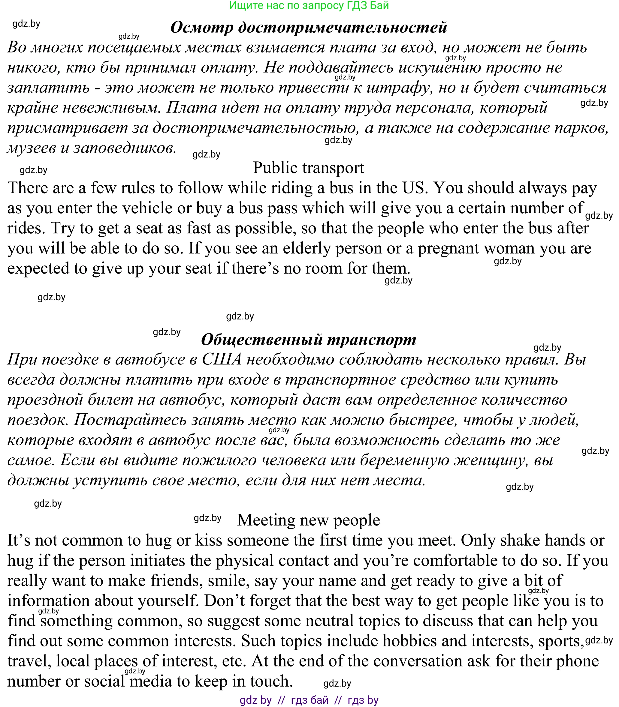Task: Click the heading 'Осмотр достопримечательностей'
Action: pyautogui.click(x=309, y=27)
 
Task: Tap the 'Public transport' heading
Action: pyautogui.click(x=309, y=168)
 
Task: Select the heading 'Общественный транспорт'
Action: pyautogui.click(x=309, y=340)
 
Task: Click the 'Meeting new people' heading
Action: pyautogui.click(x=309, y=520)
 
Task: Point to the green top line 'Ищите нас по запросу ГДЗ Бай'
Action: pyautogui.click(x=309, y=5)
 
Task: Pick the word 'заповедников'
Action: pyautogui.click(x=123, y=148)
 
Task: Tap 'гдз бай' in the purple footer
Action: pyautogui.click(x=309, y=700)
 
